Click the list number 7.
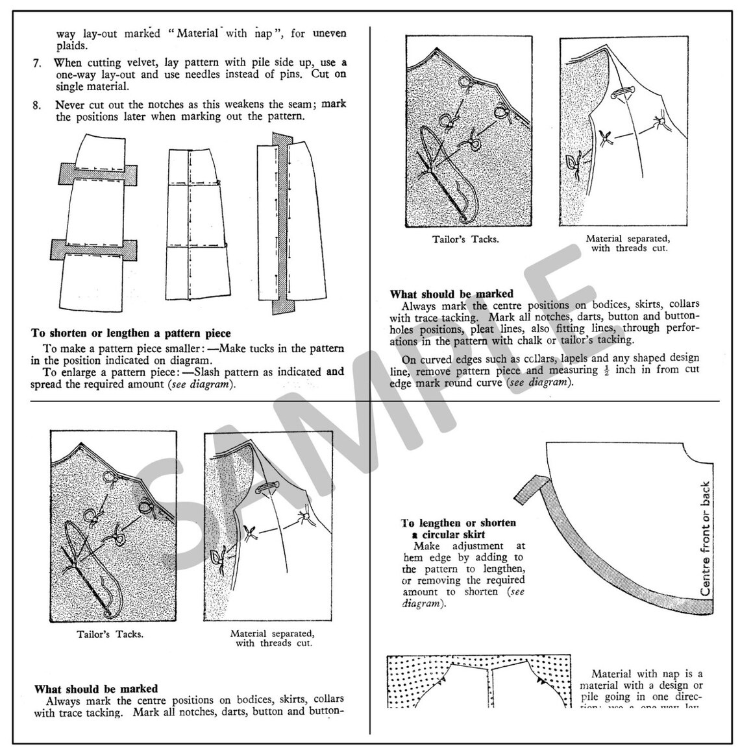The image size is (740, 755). (37, 63)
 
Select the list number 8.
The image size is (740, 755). (37, 104)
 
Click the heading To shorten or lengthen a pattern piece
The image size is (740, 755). (130, 333)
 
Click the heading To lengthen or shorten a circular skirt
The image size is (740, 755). (458, 529)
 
